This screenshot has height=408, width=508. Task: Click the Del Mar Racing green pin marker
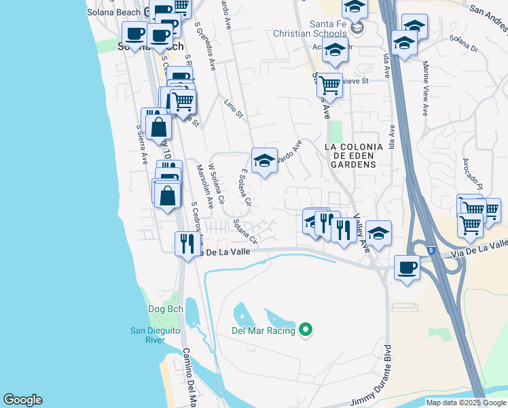click(306, 330)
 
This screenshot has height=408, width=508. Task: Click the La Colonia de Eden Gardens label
click(353, 155)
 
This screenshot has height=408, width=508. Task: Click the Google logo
click(22, 400)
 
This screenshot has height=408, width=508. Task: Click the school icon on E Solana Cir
click(264, 161)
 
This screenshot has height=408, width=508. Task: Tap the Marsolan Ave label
click(200, 184)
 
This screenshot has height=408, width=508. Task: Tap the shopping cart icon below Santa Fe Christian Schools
click(329, 86)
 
